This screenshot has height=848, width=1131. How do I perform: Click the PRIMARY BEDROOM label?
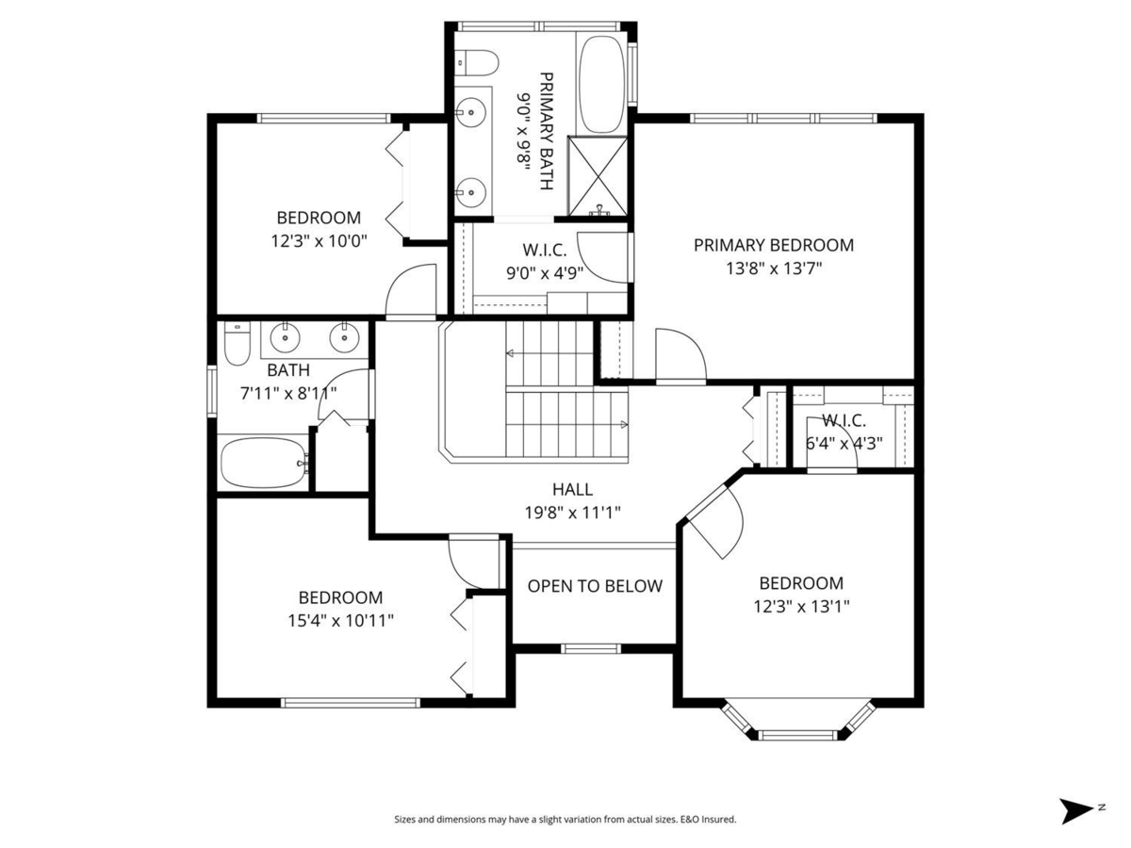773,245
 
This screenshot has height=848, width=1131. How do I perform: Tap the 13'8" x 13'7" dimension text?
773,269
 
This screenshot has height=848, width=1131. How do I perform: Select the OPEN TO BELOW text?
595,586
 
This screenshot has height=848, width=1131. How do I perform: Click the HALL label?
572,489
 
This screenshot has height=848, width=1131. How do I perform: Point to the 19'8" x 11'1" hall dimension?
572,513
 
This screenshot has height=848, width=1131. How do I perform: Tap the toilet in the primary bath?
478,62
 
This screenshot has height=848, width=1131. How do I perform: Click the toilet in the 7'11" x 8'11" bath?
236,345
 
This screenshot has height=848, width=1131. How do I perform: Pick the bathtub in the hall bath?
263,463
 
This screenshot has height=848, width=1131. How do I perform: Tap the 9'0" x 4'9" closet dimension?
544,274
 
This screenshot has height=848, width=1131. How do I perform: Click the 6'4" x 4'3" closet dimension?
844,443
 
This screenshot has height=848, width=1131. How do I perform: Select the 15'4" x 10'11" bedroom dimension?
340,620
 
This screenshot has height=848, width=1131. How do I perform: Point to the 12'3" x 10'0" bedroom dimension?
318,240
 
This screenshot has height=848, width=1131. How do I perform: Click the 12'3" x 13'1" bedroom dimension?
801,607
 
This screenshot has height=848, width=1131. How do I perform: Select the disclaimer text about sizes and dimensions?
565,820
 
